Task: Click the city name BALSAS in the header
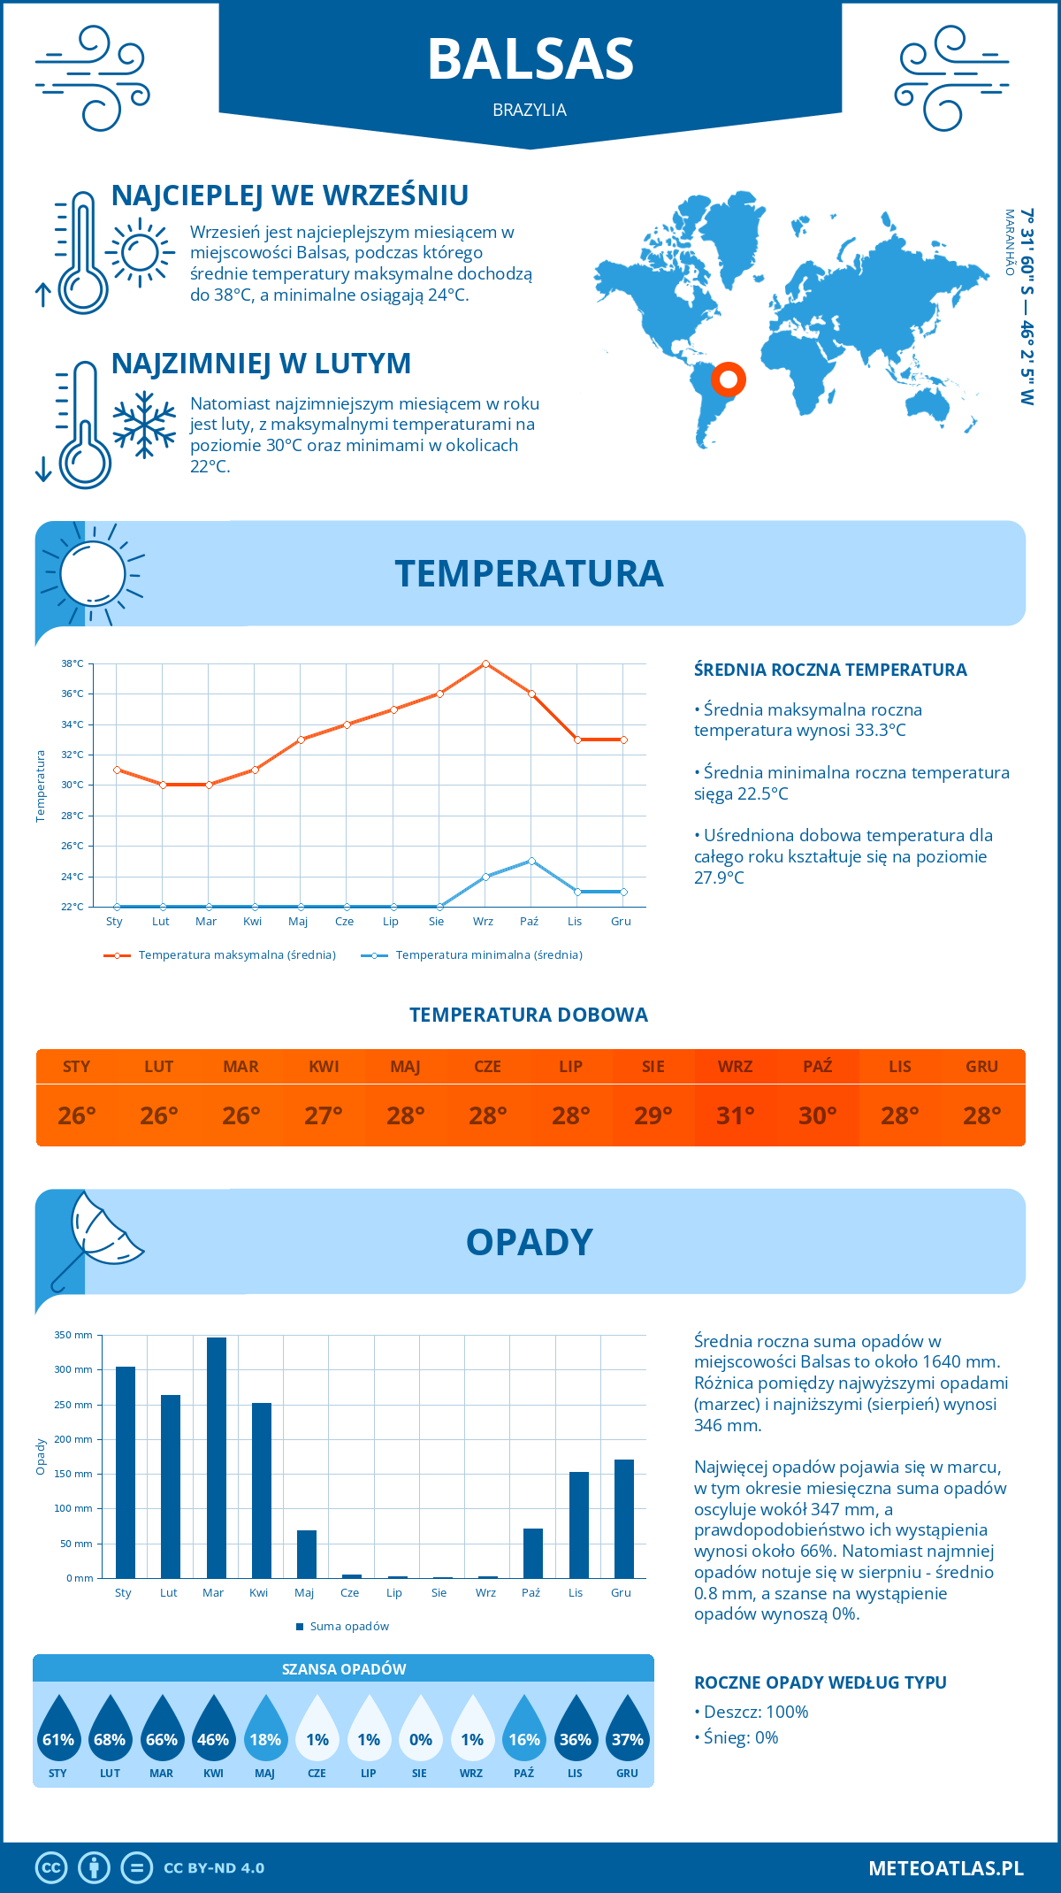click(530, 59)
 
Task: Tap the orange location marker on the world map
click(728, 379)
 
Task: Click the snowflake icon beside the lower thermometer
click(144, 425)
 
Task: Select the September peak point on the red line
click(485, 663)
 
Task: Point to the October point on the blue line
click(531, 861)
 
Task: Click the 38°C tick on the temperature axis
click(73, 663)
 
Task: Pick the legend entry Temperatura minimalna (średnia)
click(488, 955)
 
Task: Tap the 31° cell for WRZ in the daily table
click(735, 1115)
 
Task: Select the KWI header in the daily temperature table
click(324, 1067)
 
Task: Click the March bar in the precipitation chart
click(216, 1458)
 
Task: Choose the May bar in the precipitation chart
click(307, 1554)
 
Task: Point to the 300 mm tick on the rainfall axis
click(73, 1369)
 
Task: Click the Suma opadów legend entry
click(348, 1627)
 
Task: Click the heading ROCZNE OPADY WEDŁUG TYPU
click(820, 1682)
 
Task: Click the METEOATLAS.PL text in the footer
click(945, 1868)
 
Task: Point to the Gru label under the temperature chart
click(621, 922)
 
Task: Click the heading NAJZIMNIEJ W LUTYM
click(261, 364)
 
